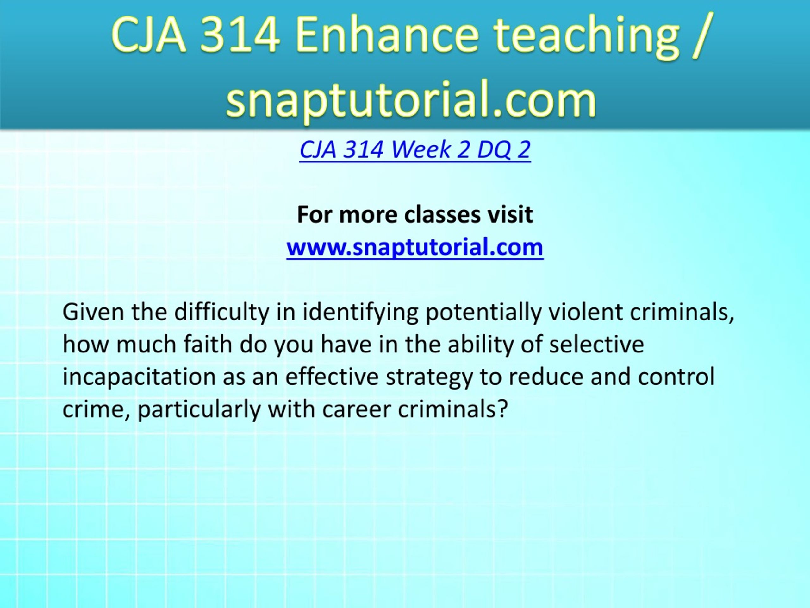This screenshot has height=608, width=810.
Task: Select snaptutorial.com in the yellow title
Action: click(411, 98)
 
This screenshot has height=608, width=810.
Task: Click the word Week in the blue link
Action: click(421, 149)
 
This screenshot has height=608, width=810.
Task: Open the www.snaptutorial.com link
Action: click(415, 247)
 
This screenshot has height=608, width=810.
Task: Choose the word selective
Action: click(596, 345)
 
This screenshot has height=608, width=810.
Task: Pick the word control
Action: click(676, 377)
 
